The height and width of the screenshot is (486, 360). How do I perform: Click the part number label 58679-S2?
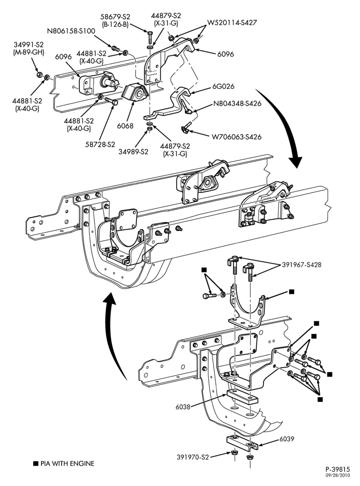115,17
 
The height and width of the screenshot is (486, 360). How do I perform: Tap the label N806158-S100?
71,31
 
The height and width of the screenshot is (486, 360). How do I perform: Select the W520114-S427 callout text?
232,22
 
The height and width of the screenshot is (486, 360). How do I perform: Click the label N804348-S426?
237,103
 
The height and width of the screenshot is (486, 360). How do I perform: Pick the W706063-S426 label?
236,137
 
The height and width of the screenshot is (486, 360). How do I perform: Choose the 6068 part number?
126,126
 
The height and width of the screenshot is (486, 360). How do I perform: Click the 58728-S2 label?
100,144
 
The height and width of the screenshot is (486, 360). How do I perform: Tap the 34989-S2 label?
133,152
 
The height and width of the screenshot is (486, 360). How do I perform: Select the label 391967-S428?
302,265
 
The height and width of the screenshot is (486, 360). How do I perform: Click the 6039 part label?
287,439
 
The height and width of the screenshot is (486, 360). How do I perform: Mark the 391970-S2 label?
193,457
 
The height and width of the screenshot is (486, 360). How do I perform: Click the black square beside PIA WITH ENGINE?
36,464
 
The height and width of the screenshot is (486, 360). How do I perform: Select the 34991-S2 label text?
28,45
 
